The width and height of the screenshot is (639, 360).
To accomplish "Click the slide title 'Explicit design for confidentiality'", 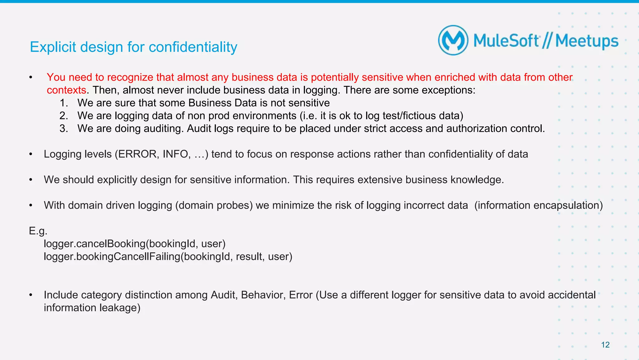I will coord(134,47).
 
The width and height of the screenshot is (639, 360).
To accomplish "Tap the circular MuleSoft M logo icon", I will coord(453,41).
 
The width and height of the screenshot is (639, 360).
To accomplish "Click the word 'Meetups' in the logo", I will coord(587,41).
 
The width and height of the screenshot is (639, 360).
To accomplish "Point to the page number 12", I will coord(605,345).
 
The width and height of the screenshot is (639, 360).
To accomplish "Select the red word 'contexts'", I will coord(66,90).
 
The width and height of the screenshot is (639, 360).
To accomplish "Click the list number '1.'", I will coord(64,103).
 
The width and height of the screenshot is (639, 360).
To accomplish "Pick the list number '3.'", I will coord(64,129).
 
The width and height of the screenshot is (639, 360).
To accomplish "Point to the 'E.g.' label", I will coord(38,231).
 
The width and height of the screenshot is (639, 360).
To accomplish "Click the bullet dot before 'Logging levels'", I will coord(31,154).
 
